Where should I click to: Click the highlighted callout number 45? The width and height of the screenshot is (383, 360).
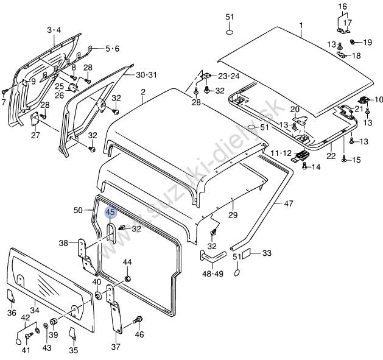point(111,212)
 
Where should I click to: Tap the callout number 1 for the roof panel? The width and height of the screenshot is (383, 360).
point(301,25)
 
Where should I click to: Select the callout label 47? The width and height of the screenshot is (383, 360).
point(288,203)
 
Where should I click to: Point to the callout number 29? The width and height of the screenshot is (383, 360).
point(233,215)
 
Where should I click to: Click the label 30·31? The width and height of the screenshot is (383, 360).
point(146,75)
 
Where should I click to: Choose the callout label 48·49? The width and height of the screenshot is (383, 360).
point(213,274)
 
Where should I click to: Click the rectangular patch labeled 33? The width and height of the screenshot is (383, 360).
point(247,253)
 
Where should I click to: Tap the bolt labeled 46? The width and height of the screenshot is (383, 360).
point(138,319)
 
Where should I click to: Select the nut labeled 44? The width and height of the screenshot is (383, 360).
point(127,278)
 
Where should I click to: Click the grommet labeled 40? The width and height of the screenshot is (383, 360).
point(98,295)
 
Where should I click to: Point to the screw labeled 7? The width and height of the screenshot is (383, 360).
point(5,91)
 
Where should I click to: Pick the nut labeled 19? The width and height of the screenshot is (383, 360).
point(353,42)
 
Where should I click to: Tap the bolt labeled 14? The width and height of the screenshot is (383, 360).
point(304,166)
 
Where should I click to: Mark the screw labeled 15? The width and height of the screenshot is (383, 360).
point(344,158)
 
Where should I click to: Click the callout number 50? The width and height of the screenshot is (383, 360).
point(78,210)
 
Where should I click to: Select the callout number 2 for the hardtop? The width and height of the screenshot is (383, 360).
point(143,92)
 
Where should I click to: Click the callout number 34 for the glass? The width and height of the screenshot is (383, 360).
point(35,310)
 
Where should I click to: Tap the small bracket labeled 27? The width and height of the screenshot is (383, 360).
point(35,119)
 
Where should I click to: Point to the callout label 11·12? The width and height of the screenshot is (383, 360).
point(281,154)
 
